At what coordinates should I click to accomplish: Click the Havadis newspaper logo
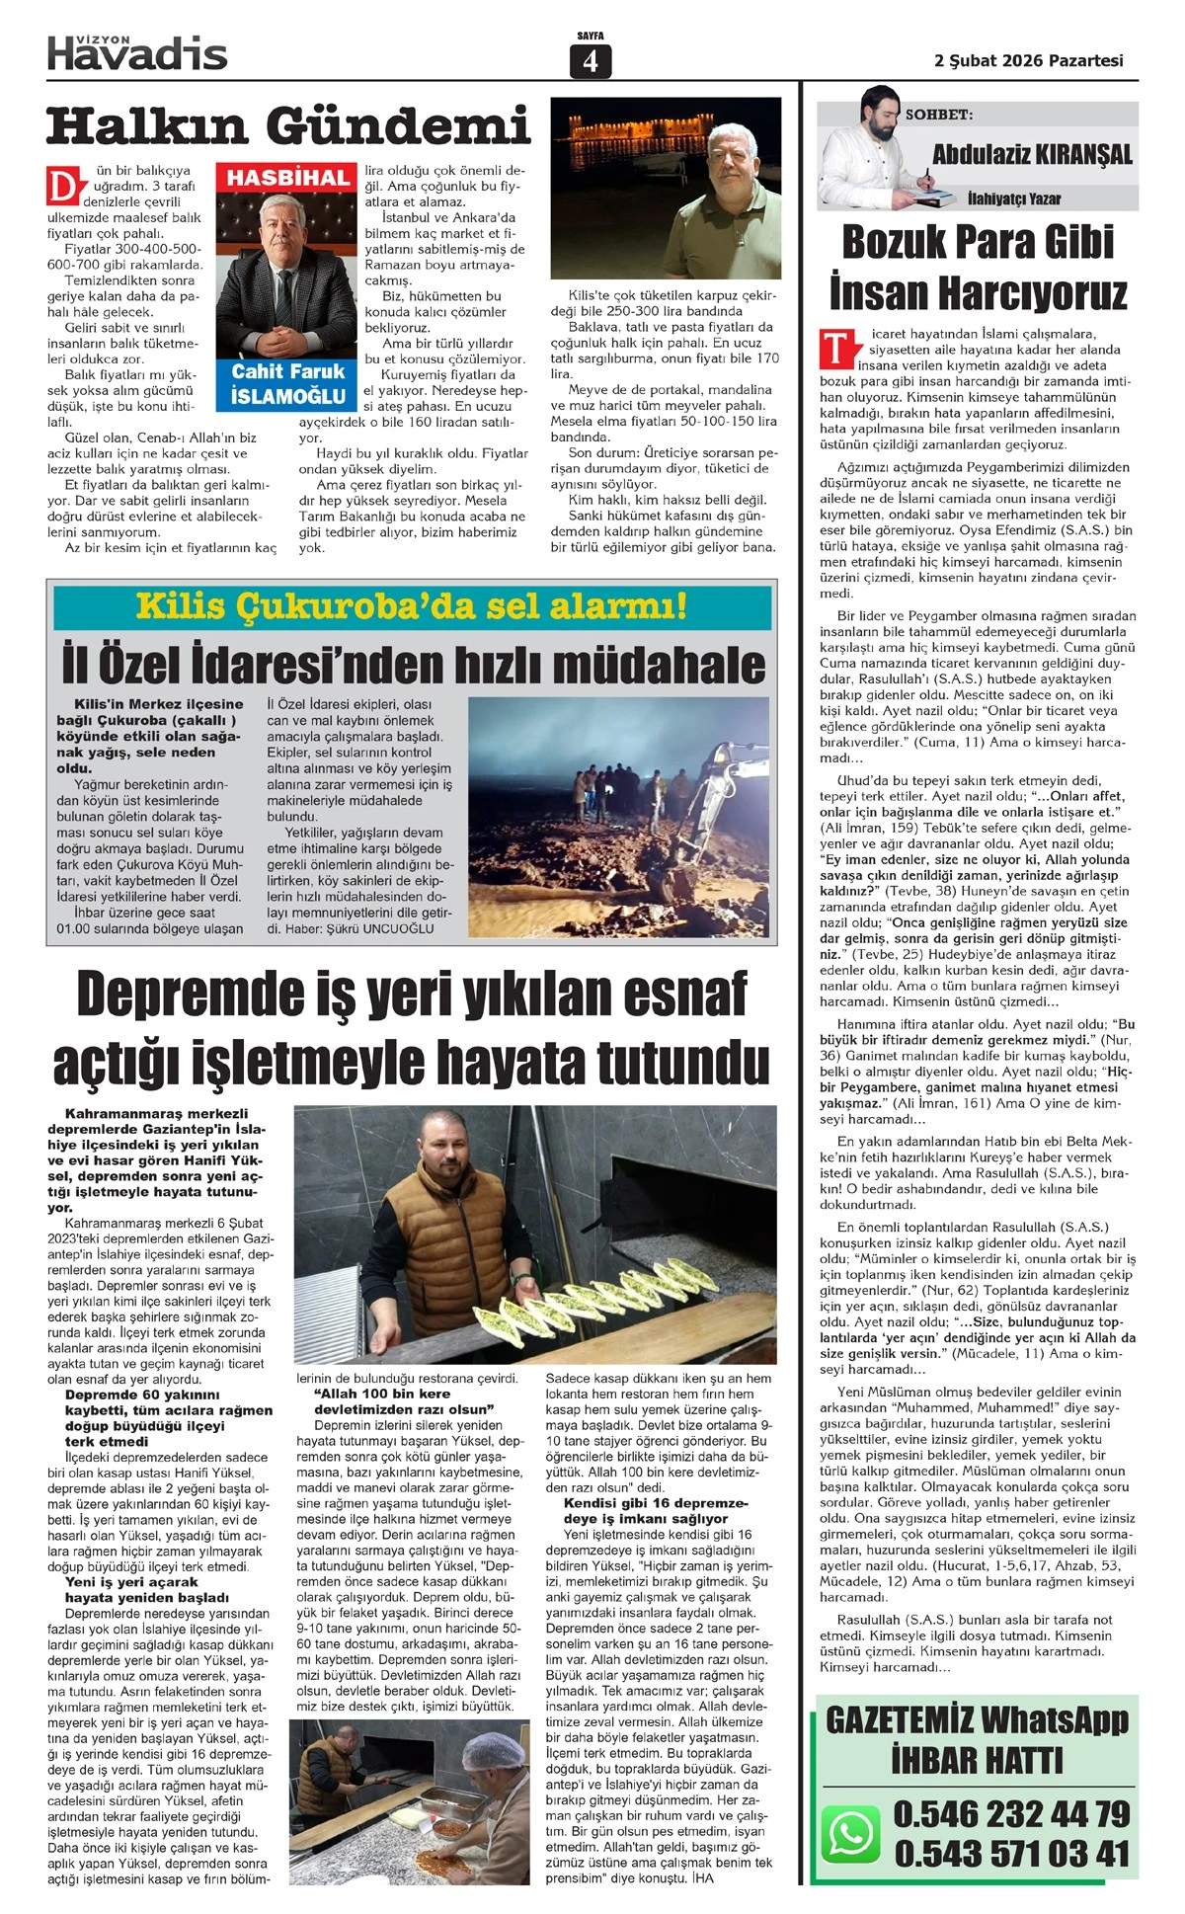coord(137,52)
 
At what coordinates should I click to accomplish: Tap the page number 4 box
coord(591,61)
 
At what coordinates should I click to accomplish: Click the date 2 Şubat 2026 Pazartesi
coord(1028,60)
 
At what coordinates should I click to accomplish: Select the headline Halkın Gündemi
coord(288,127)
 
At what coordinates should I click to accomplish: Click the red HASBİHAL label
coord(288,178)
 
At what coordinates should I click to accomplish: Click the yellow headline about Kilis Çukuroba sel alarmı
coord(412,605)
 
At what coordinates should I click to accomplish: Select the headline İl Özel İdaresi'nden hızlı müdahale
coord(412,664)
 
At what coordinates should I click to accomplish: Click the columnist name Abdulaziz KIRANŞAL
coord(1032,154)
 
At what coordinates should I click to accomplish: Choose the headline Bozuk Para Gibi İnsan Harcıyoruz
coord(978,268)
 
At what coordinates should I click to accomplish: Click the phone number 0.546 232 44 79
coord(1011,1813)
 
